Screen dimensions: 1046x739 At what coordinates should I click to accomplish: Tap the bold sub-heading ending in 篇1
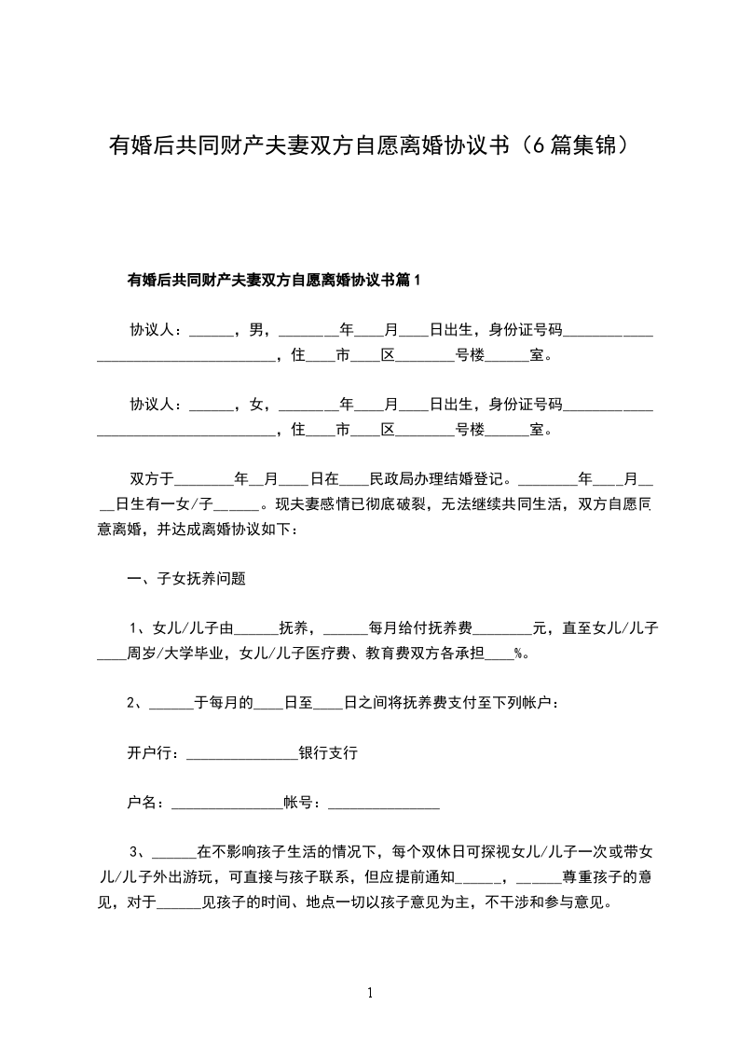(274, 280)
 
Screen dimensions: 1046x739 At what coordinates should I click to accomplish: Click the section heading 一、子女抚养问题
(186, 578)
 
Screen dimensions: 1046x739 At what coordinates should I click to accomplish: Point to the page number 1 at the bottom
(370, 993)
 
